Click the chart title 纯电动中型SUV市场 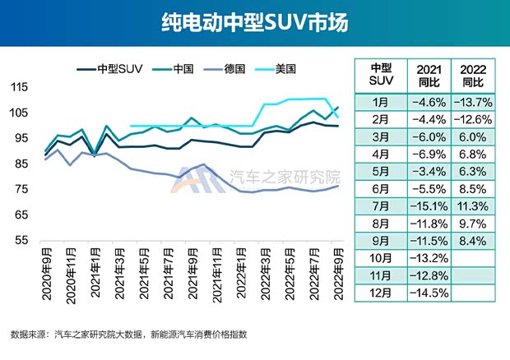(254, 23)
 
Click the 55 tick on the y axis (22, 241)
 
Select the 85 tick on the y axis (22, 164)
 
